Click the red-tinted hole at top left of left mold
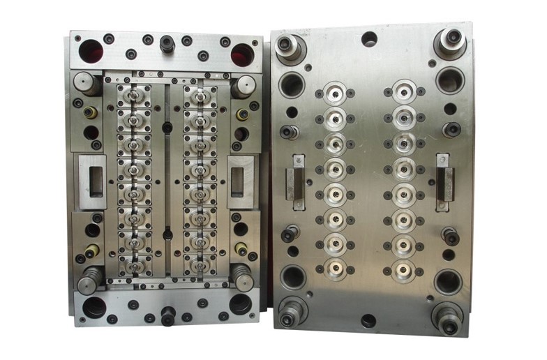pos(91,50)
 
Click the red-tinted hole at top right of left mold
pos(242,53)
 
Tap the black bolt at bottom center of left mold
pos(167,315)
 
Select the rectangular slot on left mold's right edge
pos(240,177)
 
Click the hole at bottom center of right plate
pos(368,321)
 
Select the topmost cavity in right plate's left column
pos(336,93)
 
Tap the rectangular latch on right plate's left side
pos(299,179)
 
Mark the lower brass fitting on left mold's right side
pos(241,248)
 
